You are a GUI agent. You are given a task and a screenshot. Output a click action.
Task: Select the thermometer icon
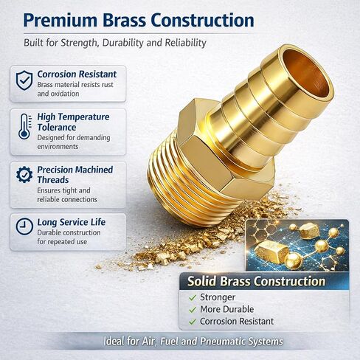click(x=24, y=126)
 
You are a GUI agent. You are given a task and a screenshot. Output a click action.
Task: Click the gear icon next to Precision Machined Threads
click(x=24, y=175)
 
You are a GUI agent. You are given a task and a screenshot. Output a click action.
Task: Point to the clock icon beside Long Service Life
click(x=24, y=224)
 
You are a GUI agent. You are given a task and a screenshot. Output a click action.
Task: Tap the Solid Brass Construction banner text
click(x=256, y=281)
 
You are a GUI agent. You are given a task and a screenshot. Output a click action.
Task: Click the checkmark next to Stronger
click(x=193, y=297)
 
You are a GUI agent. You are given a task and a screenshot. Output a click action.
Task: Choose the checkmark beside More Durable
click(x=193, y=309)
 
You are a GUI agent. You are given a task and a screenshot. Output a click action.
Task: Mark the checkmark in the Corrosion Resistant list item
click(x=193, y=322)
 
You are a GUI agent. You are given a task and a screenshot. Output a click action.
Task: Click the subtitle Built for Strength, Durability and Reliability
click(x=114, y=44)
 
